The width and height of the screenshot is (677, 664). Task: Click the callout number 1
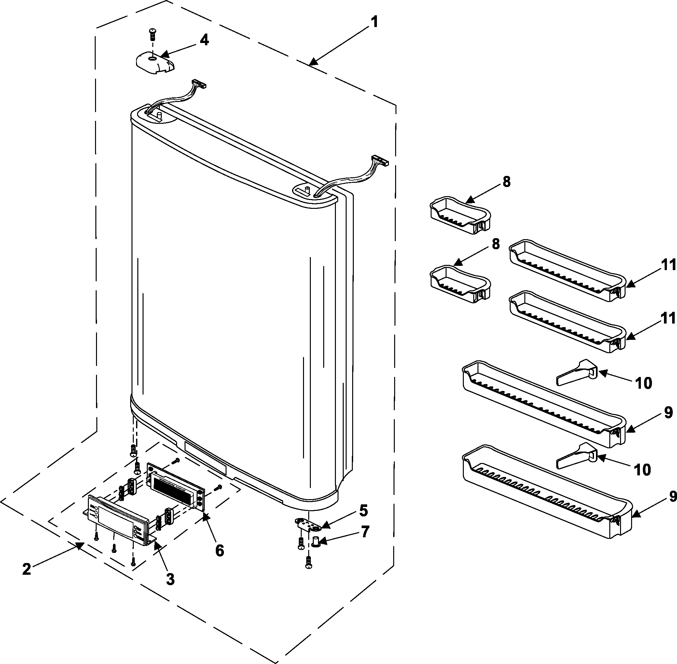[x=374, y=22]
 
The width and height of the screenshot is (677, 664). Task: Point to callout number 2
[x=26, y=569]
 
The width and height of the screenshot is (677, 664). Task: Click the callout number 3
[x=170, y=579]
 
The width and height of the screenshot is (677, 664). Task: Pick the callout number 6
[x=219, y=551]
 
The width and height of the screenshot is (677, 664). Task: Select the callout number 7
[x=364, y=532]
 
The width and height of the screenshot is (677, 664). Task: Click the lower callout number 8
[x=495, y=244]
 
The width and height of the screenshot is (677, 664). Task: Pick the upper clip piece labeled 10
[x=577, y=372]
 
